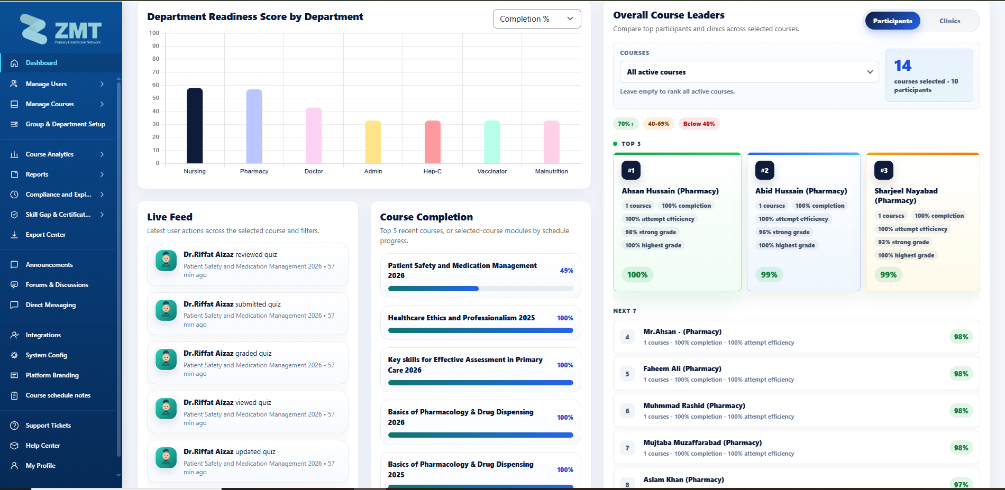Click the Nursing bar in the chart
click(x=195, y=126)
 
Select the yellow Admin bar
click(x=373, y=142)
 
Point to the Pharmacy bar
click(x=254, y=126)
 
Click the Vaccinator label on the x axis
click(x=492, y=171)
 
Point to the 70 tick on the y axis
click(x=156, y=72)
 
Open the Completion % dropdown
click(x=537, y=19)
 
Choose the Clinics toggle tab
click(x=949, y=21)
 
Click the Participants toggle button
click(x=892, y=21)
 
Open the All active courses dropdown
click(x=749, y=72)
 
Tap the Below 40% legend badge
click(x=699, y=124)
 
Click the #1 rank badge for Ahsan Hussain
click(x=631, y=170)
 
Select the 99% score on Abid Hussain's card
click(x=769, y=275)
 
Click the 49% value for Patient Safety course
click(x=567, y=271)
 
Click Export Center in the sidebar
click(x=45, y=235)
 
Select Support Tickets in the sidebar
click(x=48, y=426)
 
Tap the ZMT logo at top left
click(x=61, y=30)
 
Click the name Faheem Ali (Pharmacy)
click(x=682, y=368)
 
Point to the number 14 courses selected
click(x=902, y=66)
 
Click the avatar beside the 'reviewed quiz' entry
click(x=166, y=261)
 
